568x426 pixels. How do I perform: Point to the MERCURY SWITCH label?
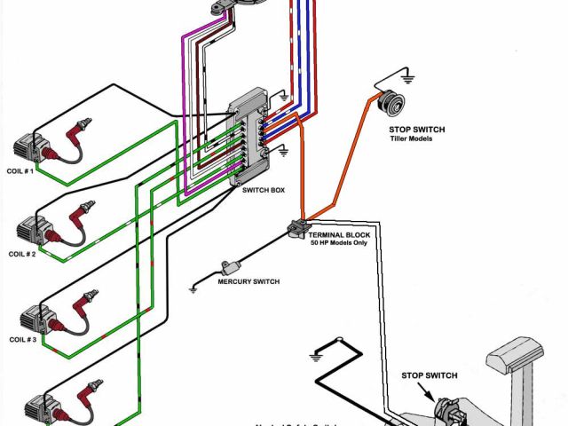(248, 282)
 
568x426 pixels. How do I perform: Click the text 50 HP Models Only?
(341, 243)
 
